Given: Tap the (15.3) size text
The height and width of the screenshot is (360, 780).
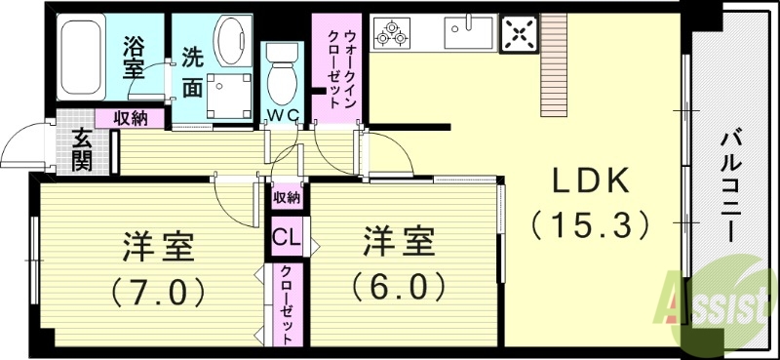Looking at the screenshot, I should click(x=592, y=225).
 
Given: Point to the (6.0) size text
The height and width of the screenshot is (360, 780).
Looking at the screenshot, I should click(x=399, y=284).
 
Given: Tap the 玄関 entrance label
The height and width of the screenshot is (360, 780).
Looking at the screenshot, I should click(x=79, y=150).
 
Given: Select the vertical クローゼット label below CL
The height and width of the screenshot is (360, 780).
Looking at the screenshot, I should click(x=286, y=306).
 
